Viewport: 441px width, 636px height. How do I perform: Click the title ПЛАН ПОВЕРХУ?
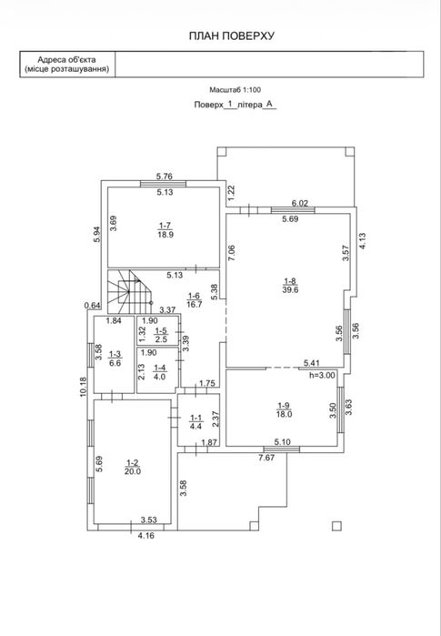[232, 35]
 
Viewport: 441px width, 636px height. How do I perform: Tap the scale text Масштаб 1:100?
[236, 90]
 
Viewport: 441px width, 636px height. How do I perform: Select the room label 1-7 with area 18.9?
[165, 230]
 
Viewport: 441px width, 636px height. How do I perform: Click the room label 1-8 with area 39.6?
[290, 285]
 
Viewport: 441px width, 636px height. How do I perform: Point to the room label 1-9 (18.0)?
[284, 409]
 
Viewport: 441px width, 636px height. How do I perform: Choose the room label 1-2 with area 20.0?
[133, 467]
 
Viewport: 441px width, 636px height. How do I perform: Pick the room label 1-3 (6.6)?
[115, 359]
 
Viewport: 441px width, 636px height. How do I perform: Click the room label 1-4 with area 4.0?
[160, 372]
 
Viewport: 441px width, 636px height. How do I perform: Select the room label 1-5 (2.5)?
[161, 335]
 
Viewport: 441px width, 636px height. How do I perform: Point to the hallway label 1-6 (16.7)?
[195, 300]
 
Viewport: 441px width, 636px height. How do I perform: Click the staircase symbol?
[129, 292]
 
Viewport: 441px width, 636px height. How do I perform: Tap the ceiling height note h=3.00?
[322, 375]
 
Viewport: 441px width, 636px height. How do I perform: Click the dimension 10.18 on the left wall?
[84, 386]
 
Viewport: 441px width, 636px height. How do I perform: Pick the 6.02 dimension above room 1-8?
[300, 203]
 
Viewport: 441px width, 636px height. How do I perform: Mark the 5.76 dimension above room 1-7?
[165, 176]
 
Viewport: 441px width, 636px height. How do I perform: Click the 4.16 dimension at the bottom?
[146, 535]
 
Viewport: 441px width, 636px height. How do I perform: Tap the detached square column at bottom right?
[336, 526]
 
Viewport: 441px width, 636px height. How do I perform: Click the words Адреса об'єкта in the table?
[67, 60]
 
